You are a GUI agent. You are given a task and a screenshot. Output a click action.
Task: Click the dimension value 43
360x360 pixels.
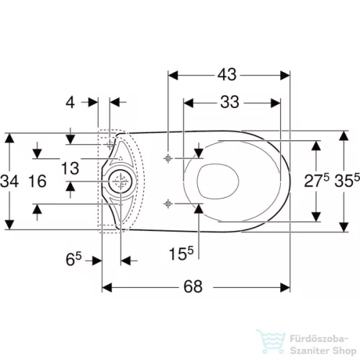pos(227,74)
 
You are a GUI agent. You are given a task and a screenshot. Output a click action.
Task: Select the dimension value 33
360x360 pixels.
pos(230,102)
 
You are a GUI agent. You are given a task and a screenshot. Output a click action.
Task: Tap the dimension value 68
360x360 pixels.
pos(193,287)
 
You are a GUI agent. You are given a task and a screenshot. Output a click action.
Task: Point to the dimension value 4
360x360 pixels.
pos(70,103)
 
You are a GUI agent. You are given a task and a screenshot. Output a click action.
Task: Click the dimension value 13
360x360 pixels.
pos(70,168)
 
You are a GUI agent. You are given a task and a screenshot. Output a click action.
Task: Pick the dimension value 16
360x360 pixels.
pos(37,181)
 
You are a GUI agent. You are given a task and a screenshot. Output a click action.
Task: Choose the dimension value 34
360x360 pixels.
pos(9,181)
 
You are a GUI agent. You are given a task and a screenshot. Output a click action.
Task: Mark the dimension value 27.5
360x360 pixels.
pos(317,181)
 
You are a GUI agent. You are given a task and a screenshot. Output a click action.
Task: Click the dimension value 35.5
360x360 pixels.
pos(347,181)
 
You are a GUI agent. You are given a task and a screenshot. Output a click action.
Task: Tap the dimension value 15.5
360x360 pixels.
pos(181,253)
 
